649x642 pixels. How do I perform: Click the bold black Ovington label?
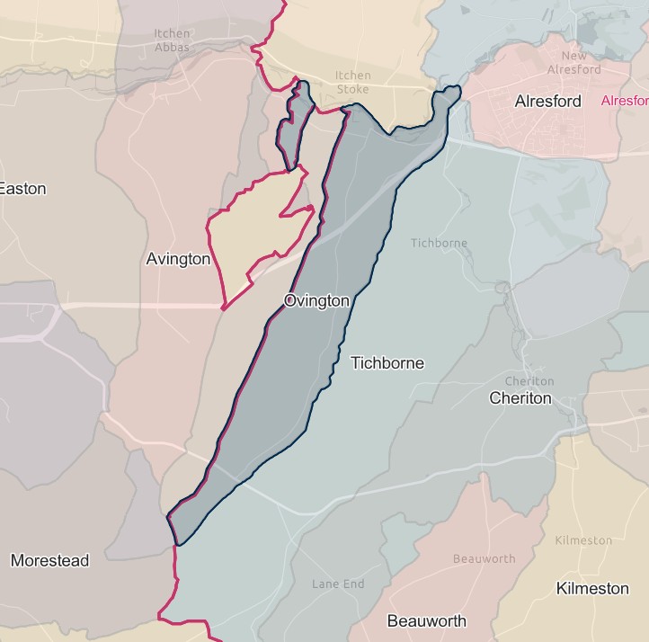(x=316, y=301)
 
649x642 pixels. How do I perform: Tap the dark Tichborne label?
(x=387, y=363)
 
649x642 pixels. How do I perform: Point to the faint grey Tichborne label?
(x=439, y=243)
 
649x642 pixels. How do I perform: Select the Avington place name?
(x=178, y=259)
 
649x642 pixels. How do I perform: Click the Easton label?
(x=22, y=189)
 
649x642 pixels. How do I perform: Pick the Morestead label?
(x=49, y=560)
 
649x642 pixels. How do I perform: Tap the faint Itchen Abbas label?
(x=172, y=41)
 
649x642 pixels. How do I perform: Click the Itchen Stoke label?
(x=352, y=83)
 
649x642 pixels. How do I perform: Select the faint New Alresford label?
(x=573, y=63)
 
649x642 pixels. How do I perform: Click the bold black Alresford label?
(x=547, y=102)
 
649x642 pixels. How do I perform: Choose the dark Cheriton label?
(x=520, y=397)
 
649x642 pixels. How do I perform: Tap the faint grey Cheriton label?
(x=529, y=381)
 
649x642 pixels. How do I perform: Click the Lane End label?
(x=338, y=584)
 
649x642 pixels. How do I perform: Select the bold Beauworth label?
(x=426, y=620)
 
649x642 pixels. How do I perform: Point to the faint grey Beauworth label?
(x=484, y=558)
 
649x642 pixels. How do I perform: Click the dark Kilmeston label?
(x=592, y=588)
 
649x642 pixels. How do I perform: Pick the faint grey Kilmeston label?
(x=583, y=540)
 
